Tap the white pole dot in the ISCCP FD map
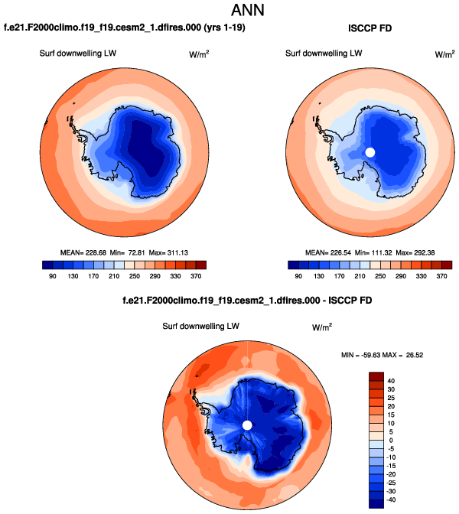click(x=370, y=151)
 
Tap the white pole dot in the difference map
click(x=247, y=425)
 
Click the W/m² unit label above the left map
click(x=199, y=55)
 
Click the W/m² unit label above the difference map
click(x=322, y=327)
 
